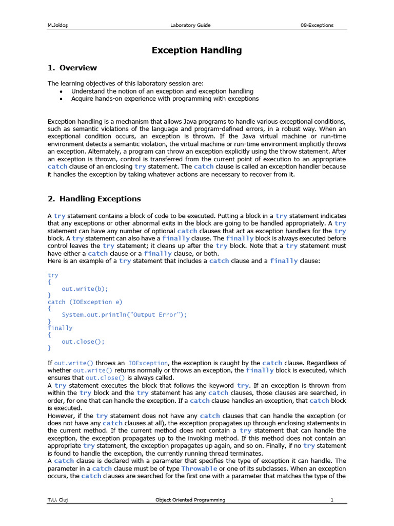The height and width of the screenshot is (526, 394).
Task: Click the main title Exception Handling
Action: pyautogui.click(x=196, y=50)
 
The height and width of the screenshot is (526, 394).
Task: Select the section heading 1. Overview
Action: pyautogui.click(x=72, y=68)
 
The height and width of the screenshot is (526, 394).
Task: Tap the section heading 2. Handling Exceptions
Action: pyautogui.click(x=94, y=199)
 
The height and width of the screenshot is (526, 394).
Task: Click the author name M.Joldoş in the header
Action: pyautogui.click(x=58, y=25)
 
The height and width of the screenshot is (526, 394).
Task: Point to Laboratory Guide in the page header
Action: pyautogui.click(x=190, y=25)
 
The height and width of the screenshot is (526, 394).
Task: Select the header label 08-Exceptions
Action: pyautogui.click(x=317, y=25)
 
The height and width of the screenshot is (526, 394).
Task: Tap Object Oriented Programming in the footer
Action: pyautogui.click(x=190, y=500)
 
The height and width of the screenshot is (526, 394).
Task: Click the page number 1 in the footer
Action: pyautogui.click(x=332, y=500)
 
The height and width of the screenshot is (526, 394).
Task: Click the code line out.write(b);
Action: pyautogui.click(x=85, y=289)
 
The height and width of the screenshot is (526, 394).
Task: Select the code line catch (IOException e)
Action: pyautogui.click(x=85, y=302)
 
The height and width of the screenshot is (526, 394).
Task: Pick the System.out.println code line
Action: pyautogui.click(x=124, y=315)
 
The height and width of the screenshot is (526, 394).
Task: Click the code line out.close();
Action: pyautogui.click(x=83, y=341)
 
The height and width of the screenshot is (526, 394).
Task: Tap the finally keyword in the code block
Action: pyautogui.click(x=60, y=328)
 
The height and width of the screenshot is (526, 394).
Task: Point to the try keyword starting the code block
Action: pyautogui.click(x=53, y=275)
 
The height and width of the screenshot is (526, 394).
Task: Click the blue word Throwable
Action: pyautogui.click(x=199, y=468)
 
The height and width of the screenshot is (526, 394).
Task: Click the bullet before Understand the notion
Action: pyautogui.click(x=61, y=91)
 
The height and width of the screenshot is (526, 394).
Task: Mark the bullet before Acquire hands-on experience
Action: pyautogui.click(x=61, y=99)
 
